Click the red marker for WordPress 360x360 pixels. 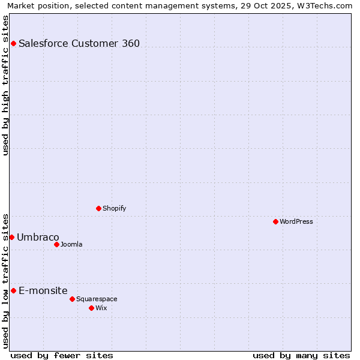275,221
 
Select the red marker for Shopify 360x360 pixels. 98,208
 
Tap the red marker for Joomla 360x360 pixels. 56,244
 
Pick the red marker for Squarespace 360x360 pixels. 72,299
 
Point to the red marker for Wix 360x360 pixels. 91,308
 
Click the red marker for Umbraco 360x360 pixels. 11,237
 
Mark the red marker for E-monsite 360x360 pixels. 13,290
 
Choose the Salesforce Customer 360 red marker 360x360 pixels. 13,43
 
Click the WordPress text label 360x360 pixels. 296,221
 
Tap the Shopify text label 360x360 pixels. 114,208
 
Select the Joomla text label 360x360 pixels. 71,244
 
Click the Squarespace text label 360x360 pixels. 97,299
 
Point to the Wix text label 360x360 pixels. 101,308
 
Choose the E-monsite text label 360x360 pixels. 43,290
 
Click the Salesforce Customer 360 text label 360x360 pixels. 79,43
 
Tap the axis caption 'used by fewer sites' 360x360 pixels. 62,355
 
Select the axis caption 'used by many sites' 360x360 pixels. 301,355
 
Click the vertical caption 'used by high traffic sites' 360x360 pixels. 5,85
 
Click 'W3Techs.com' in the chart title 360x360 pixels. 327,5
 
